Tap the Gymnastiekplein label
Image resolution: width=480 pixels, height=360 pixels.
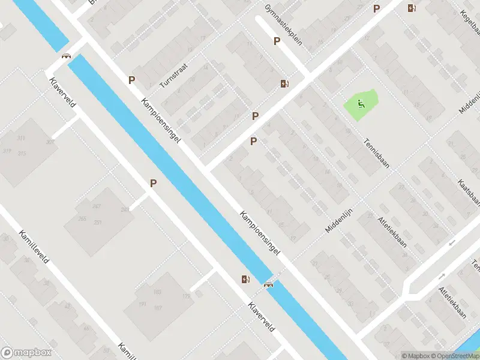point(284,20)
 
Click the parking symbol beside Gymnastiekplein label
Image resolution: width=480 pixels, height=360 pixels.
point(277,41)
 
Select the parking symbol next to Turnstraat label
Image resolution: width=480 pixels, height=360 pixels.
point(131,79)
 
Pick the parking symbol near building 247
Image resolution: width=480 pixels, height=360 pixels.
point(154,184)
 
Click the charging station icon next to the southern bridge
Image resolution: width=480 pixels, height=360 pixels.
point(245,279)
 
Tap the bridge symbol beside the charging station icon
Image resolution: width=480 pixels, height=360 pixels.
point(268,284)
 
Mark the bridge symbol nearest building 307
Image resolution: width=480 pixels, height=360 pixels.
point(66,56)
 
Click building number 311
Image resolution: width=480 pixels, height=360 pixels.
point(22,139)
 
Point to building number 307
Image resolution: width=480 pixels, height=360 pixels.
point(50,142)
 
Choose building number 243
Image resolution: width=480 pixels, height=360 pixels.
point(125,209)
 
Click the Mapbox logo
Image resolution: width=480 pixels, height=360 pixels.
point(26,353)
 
